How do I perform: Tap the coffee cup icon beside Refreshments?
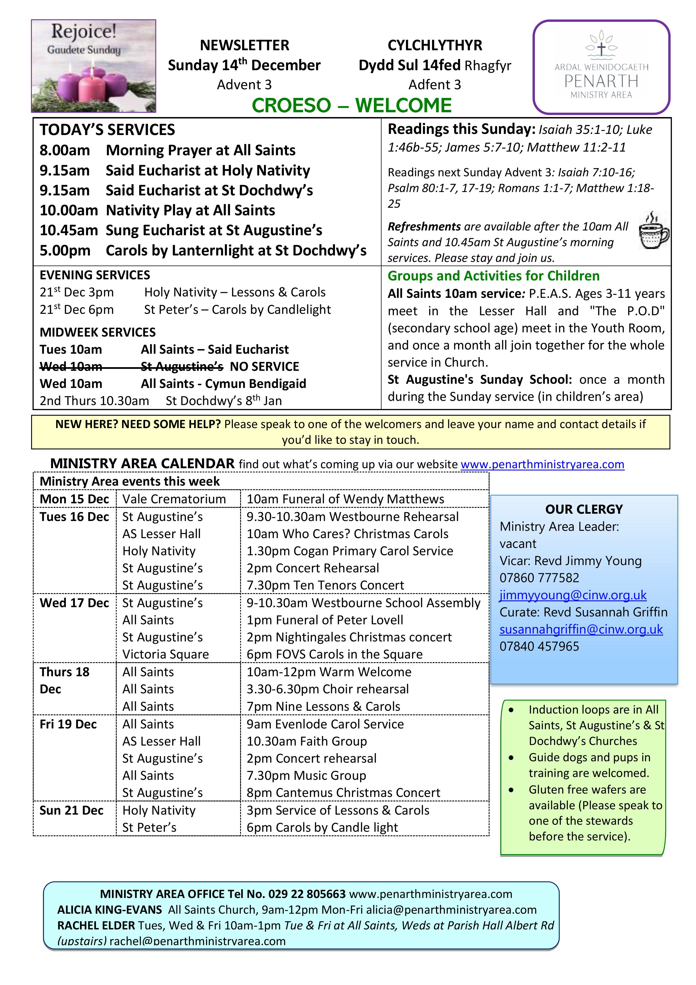[653, 230]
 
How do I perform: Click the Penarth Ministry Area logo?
[601, 67]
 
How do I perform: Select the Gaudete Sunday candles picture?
[93, 66]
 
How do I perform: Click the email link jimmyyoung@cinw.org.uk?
[573, 595]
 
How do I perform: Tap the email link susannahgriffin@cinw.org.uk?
[581, 629]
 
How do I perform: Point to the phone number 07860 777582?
[539, 578]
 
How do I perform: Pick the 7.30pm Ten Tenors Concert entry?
[325, 585]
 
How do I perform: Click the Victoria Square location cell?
[166, 654]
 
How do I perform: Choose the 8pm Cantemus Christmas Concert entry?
[343, 793]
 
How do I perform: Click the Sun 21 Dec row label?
[72, 810]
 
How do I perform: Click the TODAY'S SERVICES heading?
[107, 130]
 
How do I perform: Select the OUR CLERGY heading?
[584, 509]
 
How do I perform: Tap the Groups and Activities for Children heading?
[493, 276]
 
